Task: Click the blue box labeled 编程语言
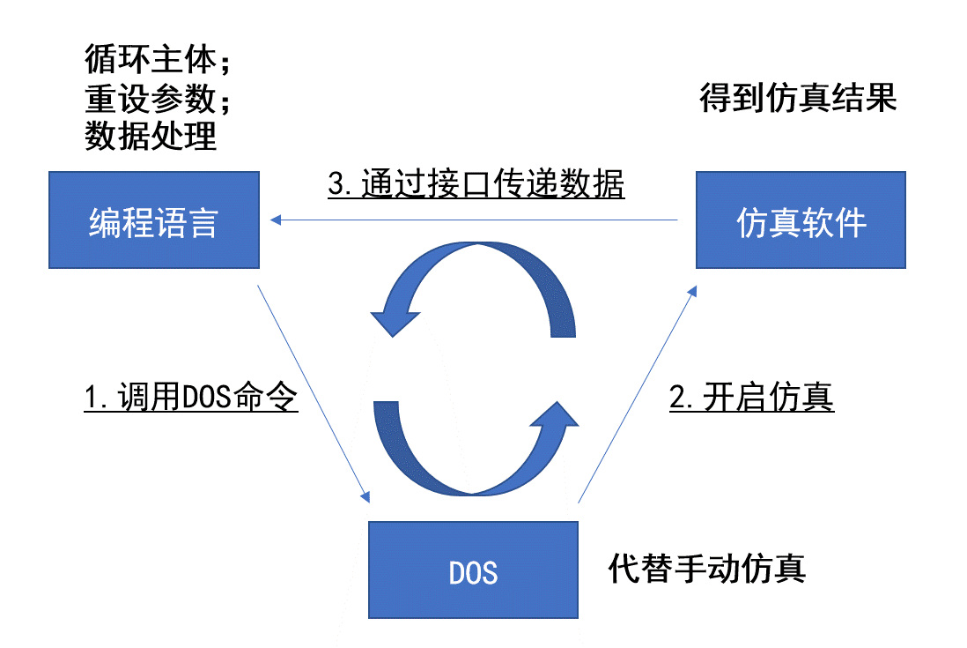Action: pyautogui.click(x=154, y=220)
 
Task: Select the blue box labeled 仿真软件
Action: pyautogui.click(x=801, y=220)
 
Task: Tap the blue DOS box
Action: pyautogui.click(x=473, y=570)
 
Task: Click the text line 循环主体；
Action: pyautogui.click(x=158, y=59)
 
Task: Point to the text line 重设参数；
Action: pyautogui.click(x=158, y=98)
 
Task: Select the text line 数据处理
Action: pyautogui.click(x=151, y=135)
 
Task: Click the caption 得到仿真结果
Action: pyautogui.click(x=798, y=98)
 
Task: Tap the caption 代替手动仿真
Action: pyautogui.click(x=706, y=568)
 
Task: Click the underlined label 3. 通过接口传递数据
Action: pyautogui.click(x=476, y=183)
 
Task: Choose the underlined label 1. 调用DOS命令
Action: pyautogui.click(x=191, y=396)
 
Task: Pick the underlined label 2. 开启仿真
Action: pyautogui.click(x=752, y=396)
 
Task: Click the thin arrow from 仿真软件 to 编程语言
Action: pyautogui.click(x=474, y=220)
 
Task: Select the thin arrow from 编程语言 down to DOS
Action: pyautogui.click(x=314, y=394)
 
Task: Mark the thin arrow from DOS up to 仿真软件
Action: pyautogui.click(x=637, y=394)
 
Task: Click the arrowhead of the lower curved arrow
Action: pyautogui.click(x=555, y=415)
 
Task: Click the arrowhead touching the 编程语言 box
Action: pyautogui.click(x=276, y=220)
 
